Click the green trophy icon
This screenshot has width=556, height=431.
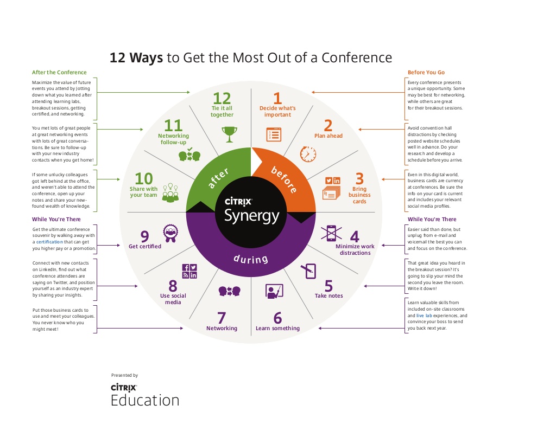click(230, 134)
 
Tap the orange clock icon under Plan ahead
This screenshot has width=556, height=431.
click(308, 154)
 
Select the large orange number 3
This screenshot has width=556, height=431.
click(359, 178)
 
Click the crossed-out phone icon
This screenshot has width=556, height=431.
click(331, 233)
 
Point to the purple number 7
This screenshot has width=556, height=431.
click(222, 318)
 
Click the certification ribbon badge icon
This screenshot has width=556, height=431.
click(170, 233)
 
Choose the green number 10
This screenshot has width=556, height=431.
click(143, 179)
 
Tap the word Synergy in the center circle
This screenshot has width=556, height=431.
click(252, 216)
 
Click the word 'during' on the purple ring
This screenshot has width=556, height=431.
click(251, 259)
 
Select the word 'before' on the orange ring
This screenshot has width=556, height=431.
click(284, 179)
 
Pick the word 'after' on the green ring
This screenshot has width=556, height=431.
click(218, 178)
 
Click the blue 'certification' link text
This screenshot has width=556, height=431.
click(49, 242)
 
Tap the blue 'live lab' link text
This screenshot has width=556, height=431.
click(424, 316)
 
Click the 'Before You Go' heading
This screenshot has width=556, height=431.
click(426, 72)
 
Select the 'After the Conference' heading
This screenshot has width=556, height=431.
click(59, 72)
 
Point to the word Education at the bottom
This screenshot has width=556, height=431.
click(145, 400)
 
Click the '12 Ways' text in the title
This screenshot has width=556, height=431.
click(136, 57)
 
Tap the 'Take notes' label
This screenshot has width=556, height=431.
click(328, 295)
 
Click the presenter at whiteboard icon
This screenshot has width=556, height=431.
click(274, 291)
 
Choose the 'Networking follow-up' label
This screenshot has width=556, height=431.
click(173, 139)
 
